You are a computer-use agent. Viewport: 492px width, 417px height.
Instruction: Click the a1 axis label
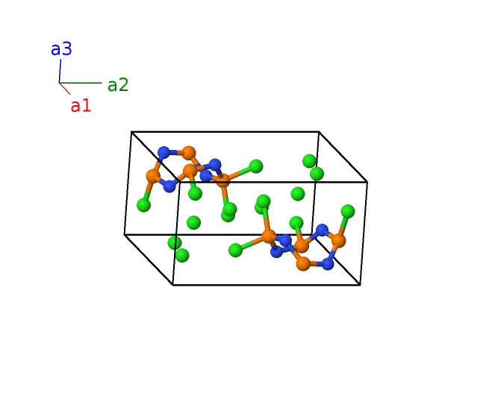(81, 106)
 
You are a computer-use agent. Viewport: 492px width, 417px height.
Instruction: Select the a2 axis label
(118, 85)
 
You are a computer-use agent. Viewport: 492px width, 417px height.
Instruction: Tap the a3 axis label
(61, 49)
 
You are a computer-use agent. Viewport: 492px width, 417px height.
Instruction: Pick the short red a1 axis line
(65, 89)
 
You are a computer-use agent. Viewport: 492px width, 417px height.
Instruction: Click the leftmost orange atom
(153, 176)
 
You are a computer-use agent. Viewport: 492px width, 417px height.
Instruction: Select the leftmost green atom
(143, 204)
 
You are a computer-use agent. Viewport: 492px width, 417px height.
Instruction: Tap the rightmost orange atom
(338, 241)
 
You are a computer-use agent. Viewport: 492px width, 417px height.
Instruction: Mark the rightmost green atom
(348, 211)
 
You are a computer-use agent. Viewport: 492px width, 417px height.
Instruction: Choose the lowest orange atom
(303, 263)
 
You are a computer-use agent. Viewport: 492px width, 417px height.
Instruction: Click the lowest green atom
(182, 255)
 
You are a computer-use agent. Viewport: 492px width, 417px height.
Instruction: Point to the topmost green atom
(309, 160)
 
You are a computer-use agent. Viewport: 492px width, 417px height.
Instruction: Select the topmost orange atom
(189, 153)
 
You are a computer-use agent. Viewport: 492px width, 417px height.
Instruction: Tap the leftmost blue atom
(164, 152)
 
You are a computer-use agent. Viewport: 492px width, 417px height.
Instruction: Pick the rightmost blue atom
(328, 263)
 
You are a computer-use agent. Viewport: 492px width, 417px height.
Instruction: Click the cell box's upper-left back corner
(131, 132)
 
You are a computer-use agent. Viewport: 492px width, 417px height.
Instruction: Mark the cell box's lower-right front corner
(360, 284)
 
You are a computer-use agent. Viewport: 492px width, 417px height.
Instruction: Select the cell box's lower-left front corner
(173, 284)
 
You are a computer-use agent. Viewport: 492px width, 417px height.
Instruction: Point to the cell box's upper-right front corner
(367, 181)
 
